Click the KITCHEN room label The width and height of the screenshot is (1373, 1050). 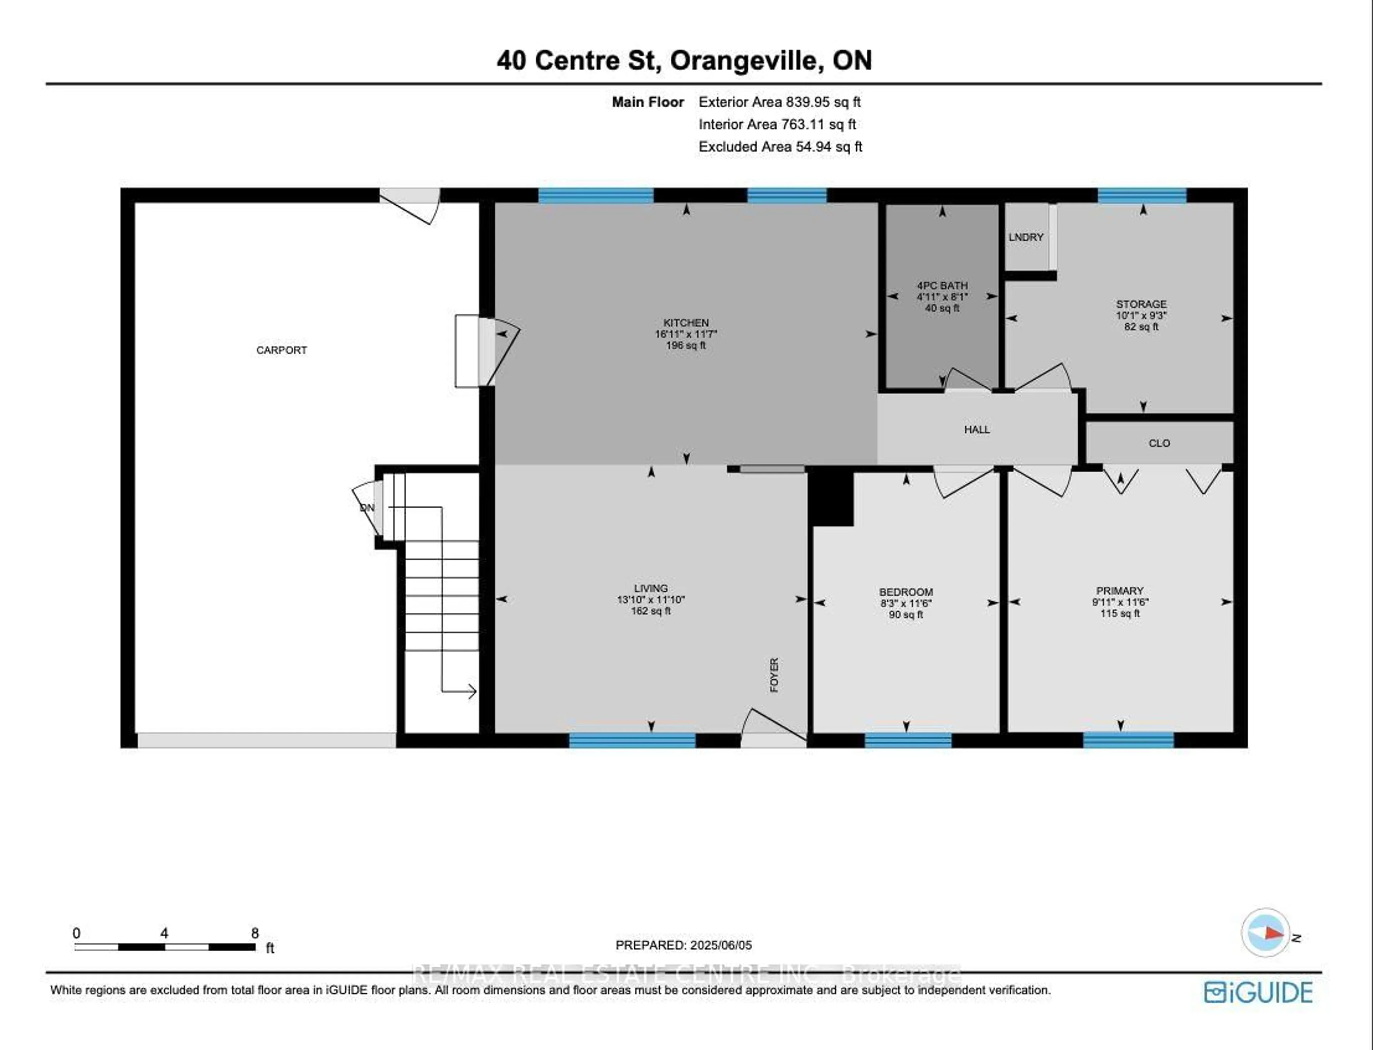click(x=685, y=322)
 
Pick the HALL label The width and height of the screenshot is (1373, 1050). click(x=976, y=429)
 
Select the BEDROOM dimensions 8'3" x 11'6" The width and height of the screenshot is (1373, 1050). click(x=906, y=603)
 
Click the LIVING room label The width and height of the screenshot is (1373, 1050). click(x=650, y=588)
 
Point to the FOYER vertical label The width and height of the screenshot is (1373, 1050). click(x=774, y=675)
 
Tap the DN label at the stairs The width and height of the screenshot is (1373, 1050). click(x=367, y=508)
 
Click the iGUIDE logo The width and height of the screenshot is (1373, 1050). click(x=1258, y=992)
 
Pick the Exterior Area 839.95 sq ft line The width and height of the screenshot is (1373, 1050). click(x=779, y=102)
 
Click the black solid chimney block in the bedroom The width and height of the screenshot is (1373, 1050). click(x=831, y=498)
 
